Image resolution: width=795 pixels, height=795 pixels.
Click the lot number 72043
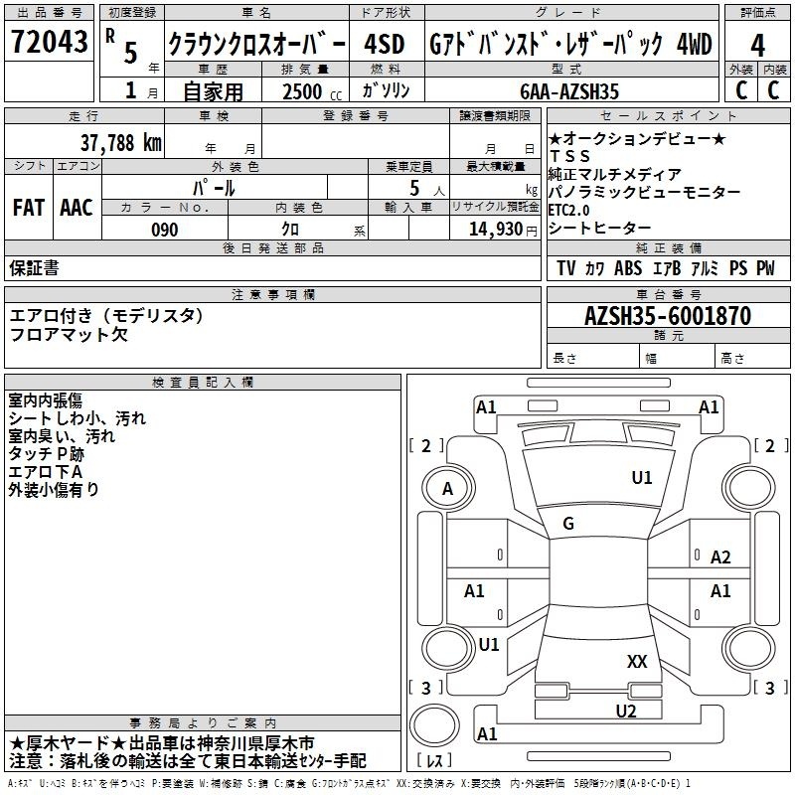pyautogui.click(x=49, y=42)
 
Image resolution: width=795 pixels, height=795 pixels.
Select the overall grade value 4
pyautogui.click(x=757, y=46)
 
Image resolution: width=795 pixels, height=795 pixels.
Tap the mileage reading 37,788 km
pyautogui.click(x=120, y=143)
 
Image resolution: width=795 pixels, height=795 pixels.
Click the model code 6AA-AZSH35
pyautogui.click(x=569, y=91)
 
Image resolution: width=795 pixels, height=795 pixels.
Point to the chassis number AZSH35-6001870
pyautogui.click(x=668, y=316)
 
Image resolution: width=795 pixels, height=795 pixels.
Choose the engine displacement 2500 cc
pyautogui.click(x=312, y=91)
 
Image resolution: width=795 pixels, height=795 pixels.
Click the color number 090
pyautogui.click(x=165, y=230)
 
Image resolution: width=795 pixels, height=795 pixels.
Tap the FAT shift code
pyautogui.click(x=29, y=208)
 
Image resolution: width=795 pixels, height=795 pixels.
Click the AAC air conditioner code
pyautogui.click(x=77, y=208)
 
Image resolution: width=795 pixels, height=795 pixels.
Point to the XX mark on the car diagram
pyautogui.click(x=637, y=661)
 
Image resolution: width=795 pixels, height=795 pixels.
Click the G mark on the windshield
pyautogui.click(x=568, y=524)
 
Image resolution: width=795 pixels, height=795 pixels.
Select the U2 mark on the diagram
pyautogui.click(x=626, y=712)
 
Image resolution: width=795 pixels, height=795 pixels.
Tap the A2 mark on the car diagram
pyautogui.click(x=720, y=557)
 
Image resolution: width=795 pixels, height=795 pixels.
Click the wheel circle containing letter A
pyautogui.click(x=448, y=489)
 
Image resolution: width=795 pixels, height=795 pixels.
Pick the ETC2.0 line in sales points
pyautogui.click(x=568, y=210)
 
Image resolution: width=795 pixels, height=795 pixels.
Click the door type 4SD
pyautogui.click(x=385, y=44)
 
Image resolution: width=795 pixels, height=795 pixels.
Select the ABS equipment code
pyautogui.click(x=628, y=268)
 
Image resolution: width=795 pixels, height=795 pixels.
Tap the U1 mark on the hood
pyautogui.click(x=642, y=478)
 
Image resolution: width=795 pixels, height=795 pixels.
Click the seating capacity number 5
pyautogui.click(x=414, y=188)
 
